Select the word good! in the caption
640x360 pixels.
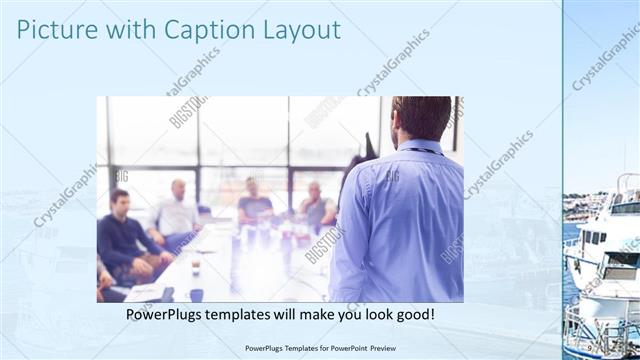pos(413,315)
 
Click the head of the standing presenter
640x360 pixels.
pos(421,118)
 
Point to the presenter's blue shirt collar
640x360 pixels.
pos(418,147)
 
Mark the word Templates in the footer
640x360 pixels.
pos(293,348)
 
